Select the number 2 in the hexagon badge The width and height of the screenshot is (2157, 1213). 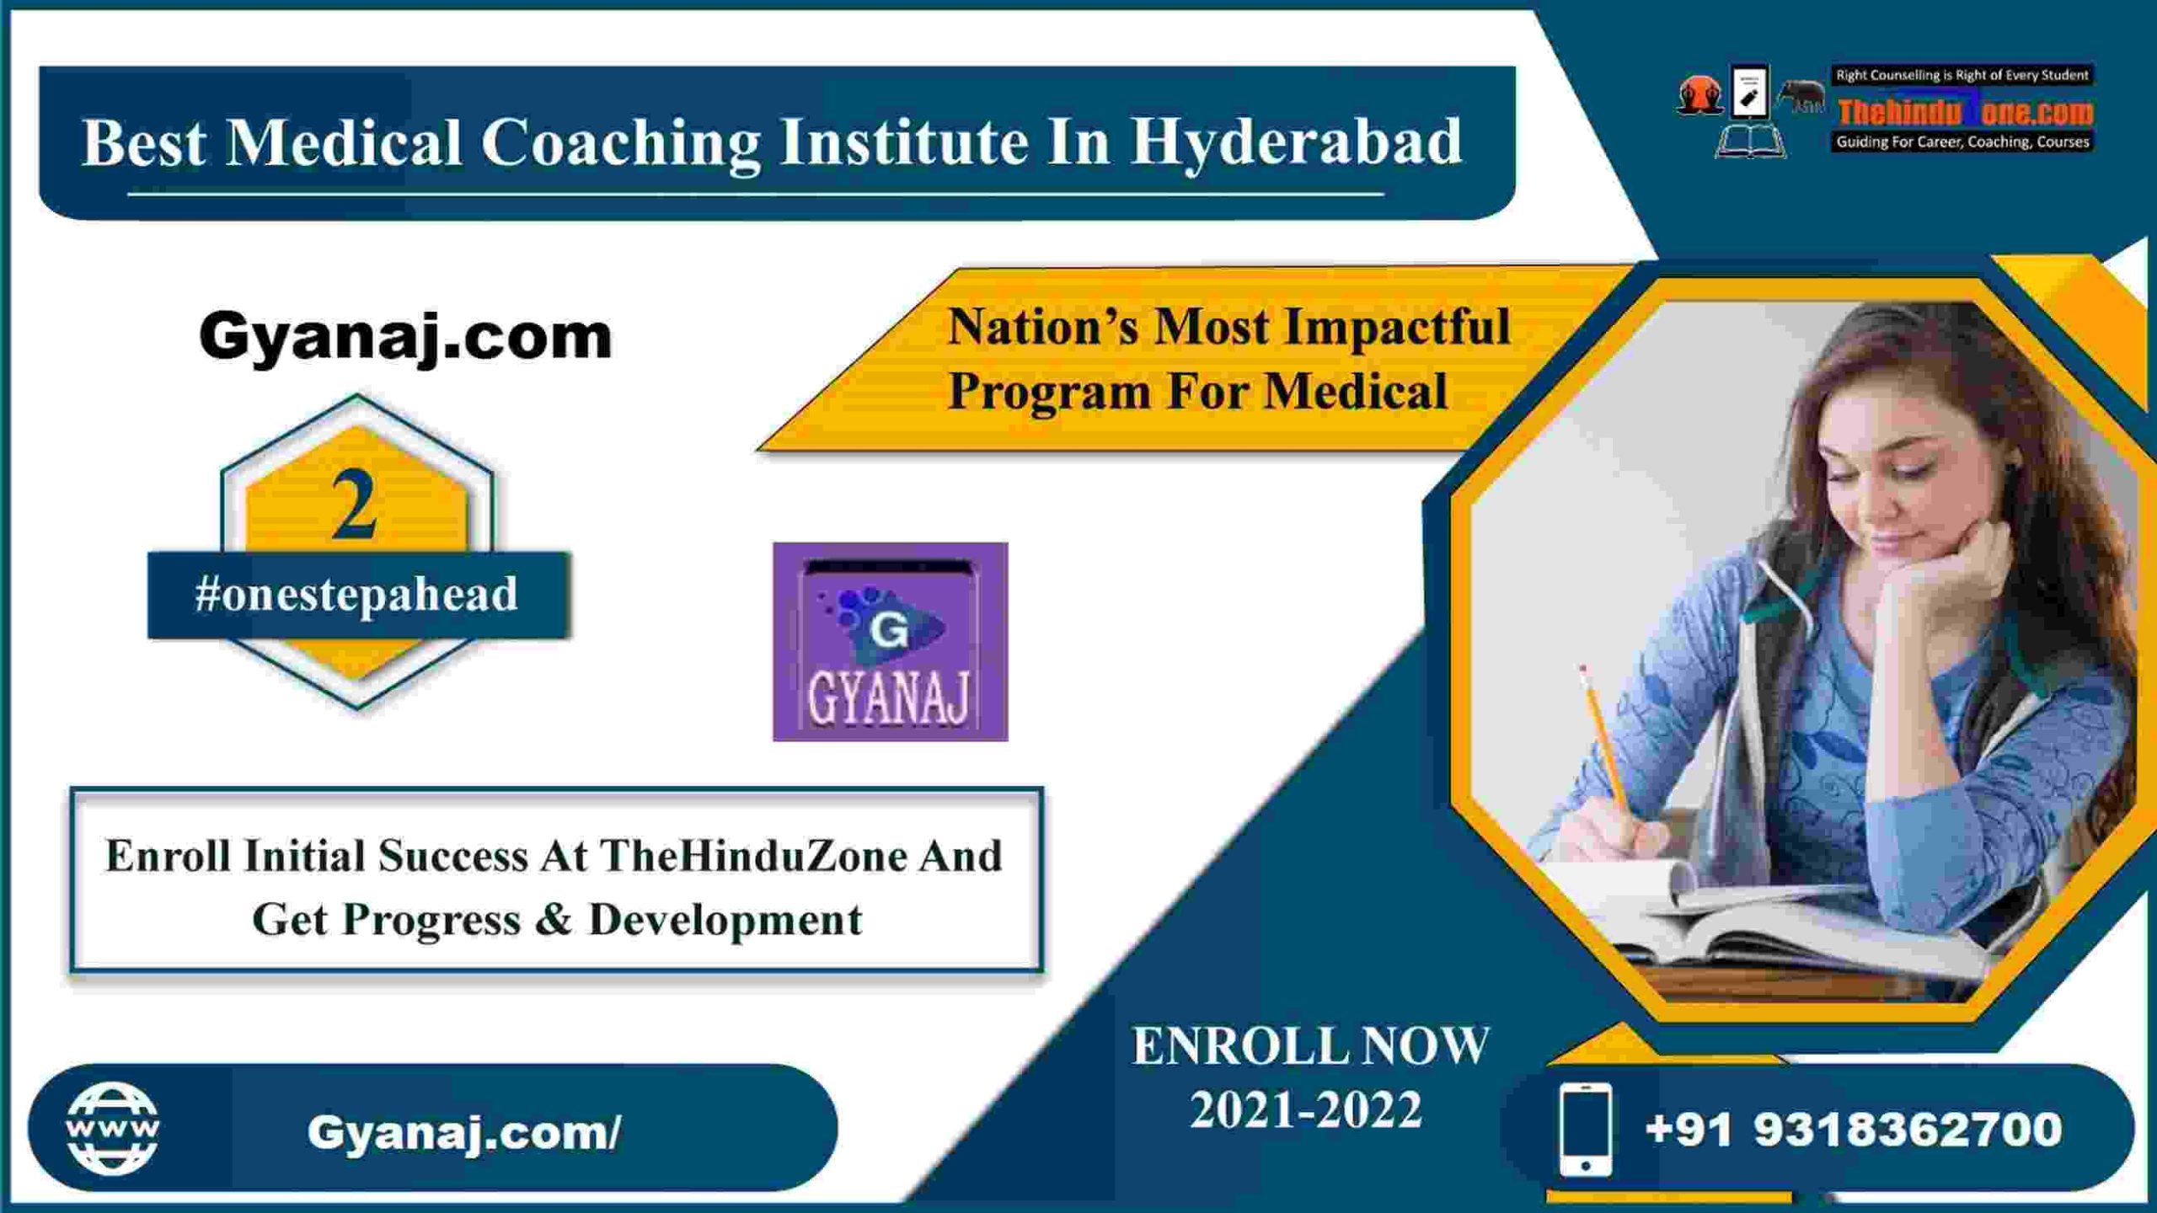click(x=354, y=505)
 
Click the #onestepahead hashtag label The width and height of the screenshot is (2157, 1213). click(x=356, y=595)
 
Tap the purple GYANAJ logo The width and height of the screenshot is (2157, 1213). click(x=890, y=642)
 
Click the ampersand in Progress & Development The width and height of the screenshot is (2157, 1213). click(x=553, y=919)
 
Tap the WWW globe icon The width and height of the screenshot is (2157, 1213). click(x=112, y=1128)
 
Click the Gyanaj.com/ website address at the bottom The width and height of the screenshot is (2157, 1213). click(x=464, y=1132)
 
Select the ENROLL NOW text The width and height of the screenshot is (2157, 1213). click(x=1310, y=1046)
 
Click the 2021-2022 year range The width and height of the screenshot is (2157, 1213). click(x=1305, y=1109)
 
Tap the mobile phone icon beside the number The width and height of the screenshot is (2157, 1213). click(x=1586, y=1130)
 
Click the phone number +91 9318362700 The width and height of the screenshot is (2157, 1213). click(x=1854, y=1130)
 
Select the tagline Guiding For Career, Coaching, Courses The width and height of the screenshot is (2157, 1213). click(x=1963, y=142)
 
